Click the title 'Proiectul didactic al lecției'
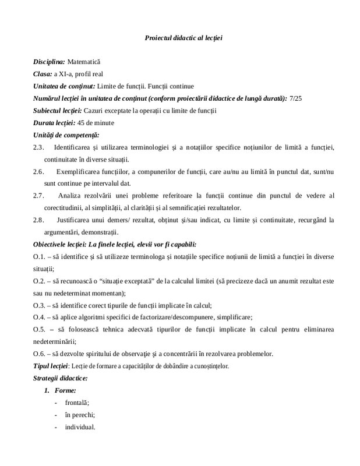coord(184,38)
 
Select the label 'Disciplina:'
coord(49,61)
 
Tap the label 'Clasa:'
coord(43,73)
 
